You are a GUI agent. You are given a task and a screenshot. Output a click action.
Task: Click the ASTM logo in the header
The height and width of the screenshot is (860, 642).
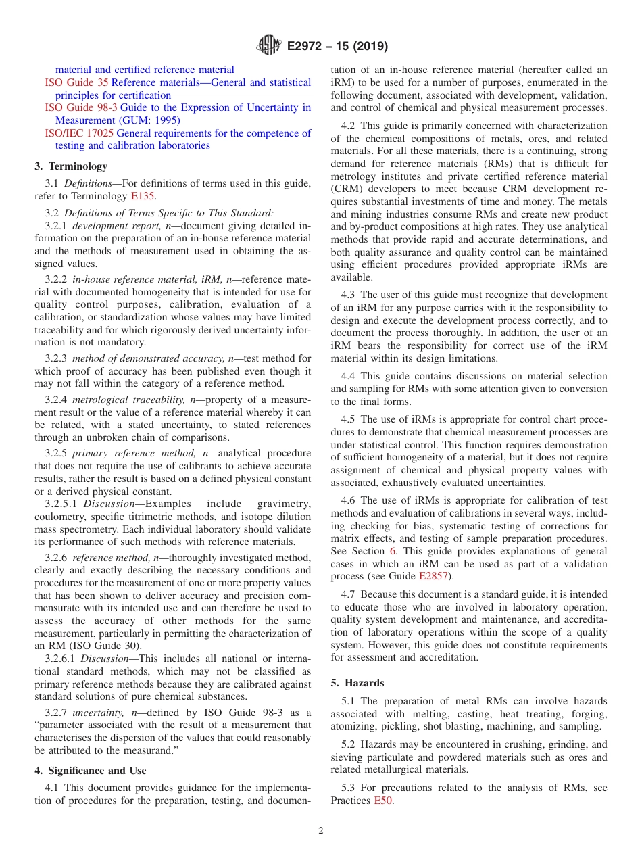pyautogui.click(x=269, y=46)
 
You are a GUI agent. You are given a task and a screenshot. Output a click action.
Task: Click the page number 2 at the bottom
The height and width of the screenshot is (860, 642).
pyautogui.click(x=321, y=830)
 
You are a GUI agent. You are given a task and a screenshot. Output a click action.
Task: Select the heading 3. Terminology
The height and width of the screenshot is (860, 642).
pyautogui.click(x=71, y=166)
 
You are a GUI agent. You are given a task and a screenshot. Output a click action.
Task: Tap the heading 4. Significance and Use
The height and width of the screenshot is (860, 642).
pyautogui.click(x=91, y=771)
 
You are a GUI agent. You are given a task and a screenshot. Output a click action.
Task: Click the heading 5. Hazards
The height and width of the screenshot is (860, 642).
pyautogui.click(x=357, y=683)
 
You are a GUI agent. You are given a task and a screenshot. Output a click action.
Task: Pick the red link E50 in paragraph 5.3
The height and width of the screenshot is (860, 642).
pyautogui.click(x=383, y=801)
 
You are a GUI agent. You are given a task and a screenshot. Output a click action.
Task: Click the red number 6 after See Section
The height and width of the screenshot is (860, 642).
pyautogui.click(x=393, y=551)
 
